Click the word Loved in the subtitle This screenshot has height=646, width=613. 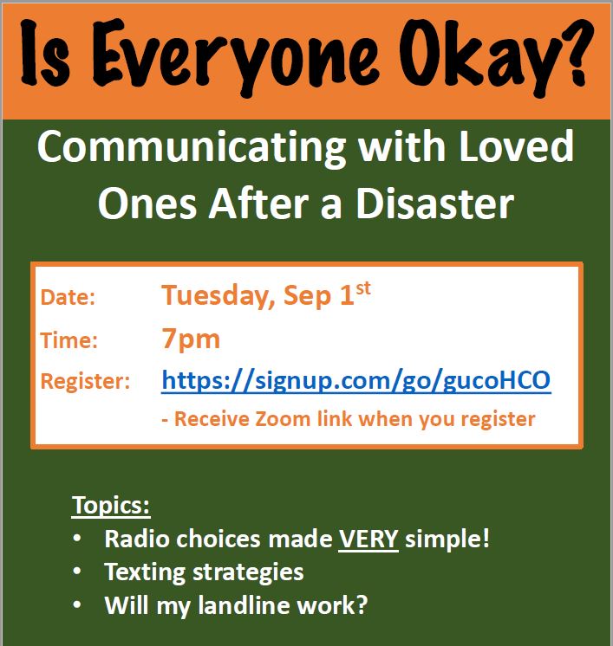coord(516,145)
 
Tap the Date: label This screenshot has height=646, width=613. coord(68,297)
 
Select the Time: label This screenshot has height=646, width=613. coord(68,340)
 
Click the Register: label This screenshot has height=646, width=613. coord(85,382)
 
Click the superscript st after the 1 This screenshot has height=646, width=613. coord(363,288)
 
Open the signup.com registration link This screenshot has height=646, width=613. coord(356,381)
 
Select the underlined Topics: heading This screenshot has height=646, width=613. coord(111,505)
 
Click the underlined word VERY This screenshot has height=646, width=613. coord(368,539)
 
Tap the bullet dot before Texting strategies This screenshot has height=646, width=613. coord(76,572)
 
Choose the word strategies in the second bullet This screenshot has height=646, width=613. coord(248,573)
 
